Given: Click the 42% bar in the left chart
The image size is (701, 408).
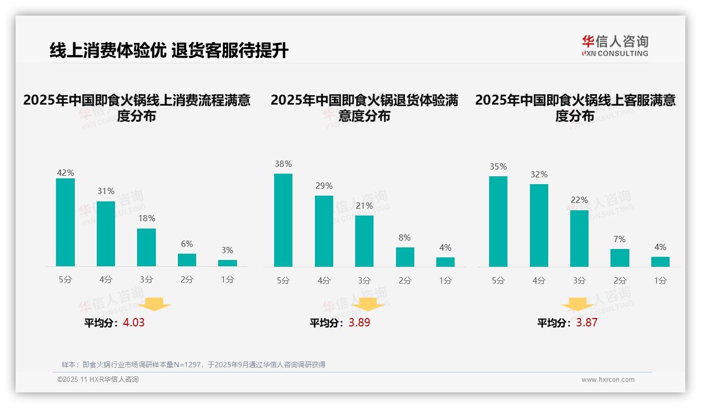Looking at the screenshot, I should click(65, 222).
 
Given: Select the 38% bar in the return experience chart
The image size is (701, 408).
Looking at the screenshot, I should click(283, 220).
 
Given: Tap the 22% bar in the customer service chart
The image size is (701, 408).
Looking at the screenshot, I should click(579, 239).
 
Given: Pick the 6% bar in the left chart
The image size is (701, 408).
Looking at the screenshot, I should click(187, 260).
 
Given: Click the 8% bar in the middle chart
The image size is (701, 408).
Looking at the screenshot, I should click(405, 257).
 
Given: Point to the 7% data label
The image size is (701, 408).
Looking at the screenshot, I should click(619, 239).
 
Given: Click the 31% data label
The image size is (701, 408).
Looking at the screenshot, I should click(106, 191).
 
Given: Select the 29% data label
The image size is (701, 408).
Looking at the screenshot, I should click(324, 186).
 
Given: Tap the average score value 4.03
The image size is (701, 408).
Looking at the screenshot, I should click(133, 323).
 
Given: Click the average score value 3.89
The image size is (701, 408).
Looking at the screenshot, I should click(359, 323).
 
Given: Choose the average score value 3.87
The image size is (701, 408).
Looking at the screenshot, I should click(586, 323).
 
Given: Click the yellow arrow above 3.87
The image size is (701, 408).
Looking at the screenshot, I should click(578, 304).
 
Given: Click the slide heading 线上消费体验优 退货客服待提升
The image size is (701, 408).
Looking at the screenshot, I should click(169, 51).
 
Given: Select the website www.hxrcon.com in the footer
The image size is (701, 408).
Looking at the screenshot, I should click(608, 380).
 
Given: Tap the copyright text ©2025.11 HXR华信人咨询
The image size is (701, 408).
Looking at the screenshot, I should click(98, 380).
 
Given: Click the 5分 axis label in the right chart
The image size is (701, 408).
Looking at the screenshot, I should click(498, 280).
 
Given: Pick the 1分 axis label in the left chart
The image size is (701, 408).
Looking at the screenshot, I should click(227, 280).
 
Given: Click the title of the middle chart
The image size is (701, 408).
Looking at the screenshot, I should click(364, 108).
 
